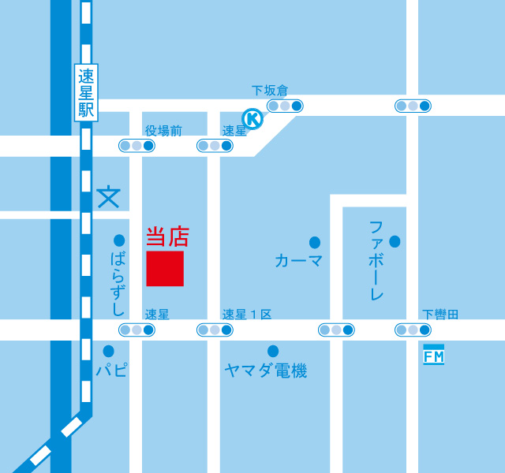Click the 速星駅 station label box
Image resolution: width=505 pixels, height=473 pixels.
coord(86,93)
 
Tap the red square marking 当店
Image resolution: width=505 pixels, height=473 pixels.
coord(165,269)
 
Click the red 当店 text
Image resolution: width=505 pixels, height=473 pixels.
coord(167,236)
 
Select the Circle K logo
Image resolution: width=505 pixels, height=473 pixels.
coord(252,119)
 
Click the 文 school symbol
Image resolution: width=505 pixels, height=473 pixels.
coord(108,197)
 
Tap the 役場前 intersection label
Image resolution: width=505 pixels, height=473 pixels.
coord(163,131)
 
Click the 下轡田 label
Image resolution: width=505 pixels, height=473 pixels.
coord(440,315)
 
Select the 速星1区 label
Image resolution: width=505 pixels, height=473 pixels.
coord(246,315)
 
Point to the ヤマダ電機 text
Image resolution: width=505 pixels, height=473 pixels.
coord(265,371)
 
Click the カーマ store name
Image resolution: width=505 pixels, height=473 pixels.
coord(299,260)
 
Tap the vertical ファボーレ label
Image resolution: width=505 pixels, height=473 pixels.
coord(377,260)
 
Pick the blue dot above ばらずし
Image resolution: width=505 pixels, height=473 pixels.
coord(119,240)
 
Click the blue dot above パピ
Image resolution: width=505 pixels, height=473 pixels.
coord(108,351)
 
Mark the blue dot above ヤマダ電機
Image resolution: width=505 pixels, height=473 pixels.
coord(273,351)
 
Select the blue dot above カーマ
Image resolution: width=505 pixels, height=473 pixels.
coord(315,241)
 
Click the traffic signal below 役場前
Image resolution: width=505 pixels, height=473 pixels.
coord(137,145)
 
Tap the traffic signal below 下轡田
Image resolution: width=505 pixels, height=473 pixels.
coord(413,330)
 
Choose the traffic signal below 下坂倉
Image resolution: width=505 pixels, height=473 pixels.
coord(285,105)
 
